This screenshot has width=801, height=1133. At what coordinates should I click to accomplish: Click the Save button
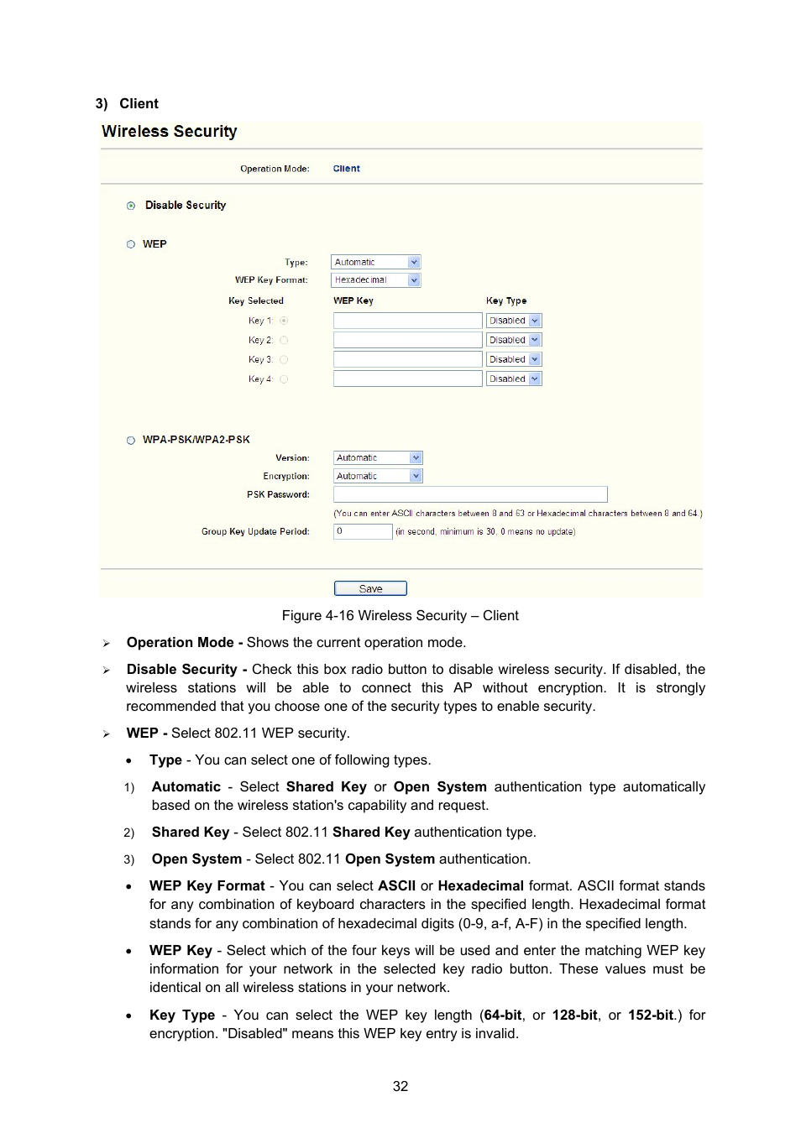coord(370,588)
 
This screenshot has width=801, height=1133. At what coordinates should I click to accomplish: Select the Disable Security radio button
coord(131,206)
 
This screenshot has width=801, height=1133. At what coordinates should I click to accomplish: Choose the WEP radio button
coord(131,244)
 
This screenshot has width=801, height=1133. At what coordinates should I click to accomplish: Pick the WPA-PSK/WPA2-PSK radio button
coord(131,440)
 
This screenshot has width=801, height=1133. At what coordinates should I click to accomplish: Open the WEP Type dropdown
coord(376,262)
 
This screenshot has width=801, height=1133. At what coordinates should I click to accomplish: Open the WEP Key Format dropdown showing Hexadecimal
coord(376,280)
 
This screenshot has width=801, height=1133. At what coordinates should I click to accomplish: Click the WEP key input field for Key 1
coord(407,321)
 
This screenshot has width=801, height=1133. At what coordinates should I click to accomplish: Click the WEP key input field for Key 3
coord(407,359)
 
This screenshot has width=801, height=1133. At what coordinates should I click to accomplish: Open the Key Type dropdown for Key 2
coord(514,340)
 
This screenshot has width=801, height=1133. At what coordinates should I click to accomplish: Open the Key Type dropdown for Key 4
coord(514,379)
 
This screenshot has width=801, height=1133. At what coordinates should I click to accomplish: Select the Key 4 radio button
coord(284,379)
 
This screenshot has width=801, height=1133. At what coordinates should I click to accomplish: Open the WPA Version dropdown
coord(378,458)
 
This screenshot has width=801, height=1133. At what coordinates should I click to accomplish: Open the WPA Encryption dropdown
coord(378,476)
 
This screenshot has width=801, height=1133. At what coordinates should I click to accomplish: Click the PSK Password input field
coord(470,494)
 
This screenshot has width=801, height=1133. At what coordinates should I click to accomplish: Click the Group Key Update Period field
coord(363,531)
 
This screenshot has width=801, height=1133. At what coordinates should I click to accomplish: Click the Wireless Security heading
coord(170,132)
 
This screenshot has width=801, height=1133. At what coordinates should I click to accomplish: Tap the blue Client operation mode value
coord(346,169)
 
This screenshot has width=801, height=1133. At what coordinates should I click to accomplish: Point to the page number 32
coord(400,1086)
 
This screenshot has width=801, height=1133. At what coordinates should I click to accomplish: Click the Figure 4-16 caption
coord(400,615)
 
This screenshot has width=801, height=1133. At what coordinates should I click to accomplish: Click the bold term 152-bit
coord(651,1015)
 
